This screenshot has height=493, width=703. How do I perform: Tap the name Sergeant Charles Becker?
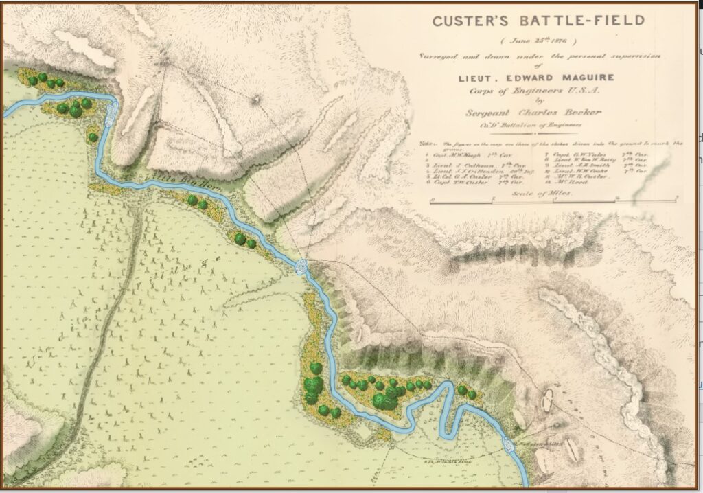pyautogui.click(x=537, y=113)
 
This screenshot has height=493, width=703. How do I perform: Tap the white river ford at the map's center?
pyautogui.click(x=302, y=268)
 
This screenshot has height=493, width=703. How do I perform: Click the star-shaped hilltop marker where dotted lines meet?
pyautogui.click(x=256, y=100)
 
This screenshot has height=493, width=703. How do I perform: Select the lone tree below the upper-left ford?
pyautogui.click(x=93, y=137)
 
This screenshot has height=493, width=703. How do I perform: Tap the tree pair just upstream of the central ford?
pyautogui.click(x=244, y=240)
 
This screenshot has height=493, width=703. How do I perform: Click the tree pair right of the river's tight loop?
pyautogui.click(x=467, y=392)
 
